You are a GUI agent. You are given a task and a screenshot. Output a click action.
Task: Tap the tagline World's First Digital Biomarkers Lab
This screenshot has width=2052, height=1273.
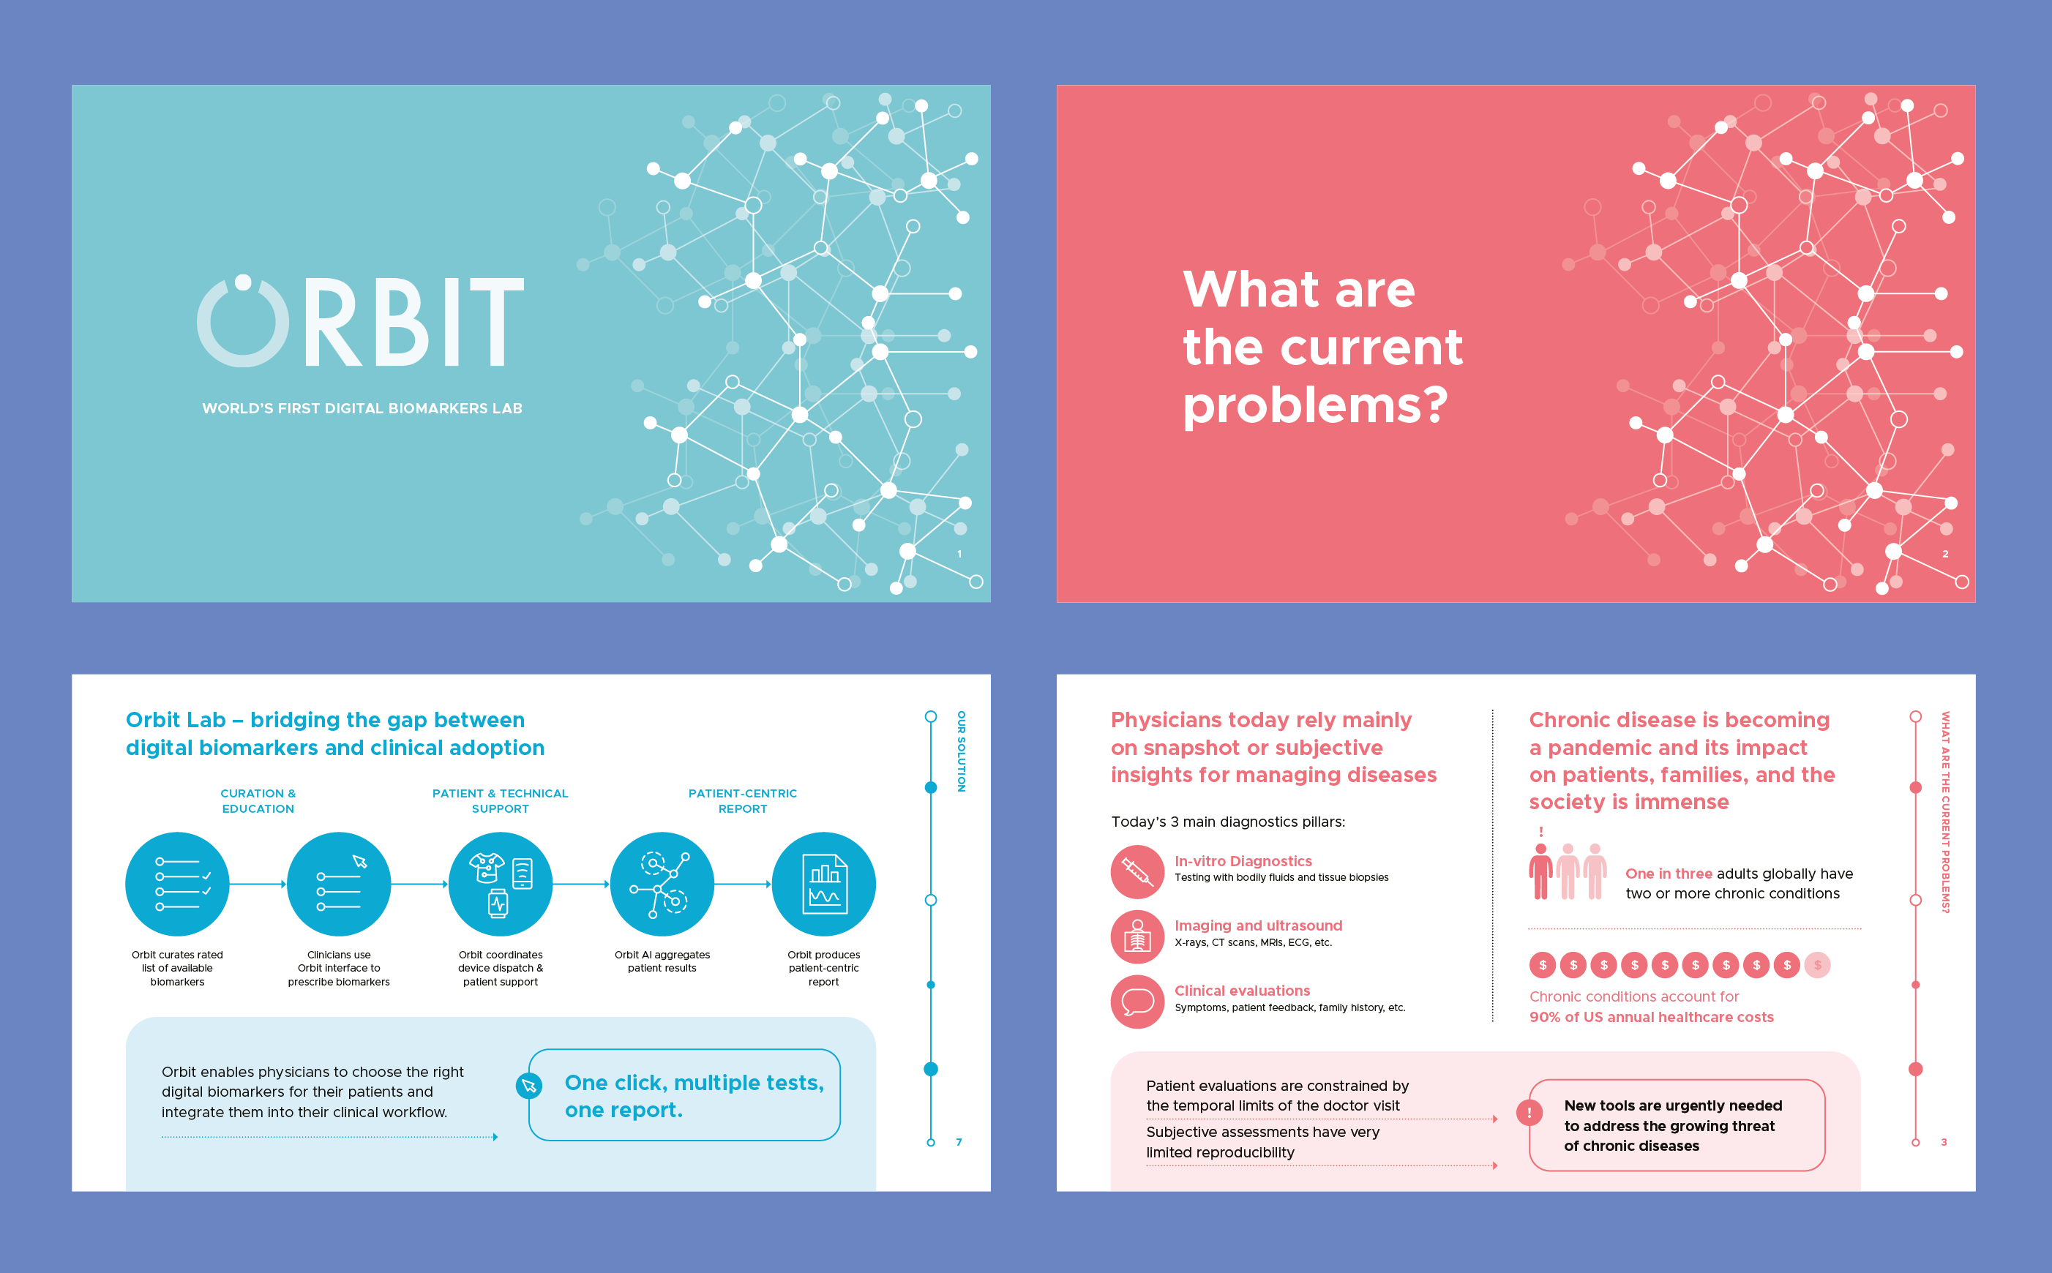362,408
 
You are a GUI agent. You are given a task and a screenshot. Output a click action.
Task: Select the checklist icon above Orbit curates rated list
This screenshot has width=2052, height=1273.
178,884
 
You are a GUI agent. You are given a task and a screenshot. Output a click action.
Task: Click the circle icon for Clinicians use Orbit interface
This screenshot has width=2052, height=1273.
339,884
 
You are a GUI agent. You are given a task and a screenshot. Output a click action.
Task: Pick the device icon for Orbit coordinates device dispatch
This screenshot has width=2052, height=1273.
500,884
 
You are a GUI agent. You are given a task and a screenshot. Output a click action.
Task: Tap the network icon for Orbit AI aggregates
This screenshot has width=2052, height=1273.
662,884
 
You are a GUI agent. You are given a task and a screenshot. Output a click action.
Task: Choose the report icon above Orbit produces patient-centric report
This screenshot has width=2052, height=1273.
823,884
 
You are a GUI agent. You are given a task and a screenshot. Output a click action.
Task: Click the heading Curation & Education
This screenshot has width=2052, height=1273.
258,800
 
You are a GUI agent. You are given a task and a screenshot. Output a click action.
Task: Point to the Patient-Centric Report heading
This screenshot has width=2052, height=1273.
743,800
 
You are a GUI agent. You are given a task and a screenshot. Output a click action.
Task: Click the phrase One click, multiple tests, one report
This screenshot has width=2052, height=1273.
694,1096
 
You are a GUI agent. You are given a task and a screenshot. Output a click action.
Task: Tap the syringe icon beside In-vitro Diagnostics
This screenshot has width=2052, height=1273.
1137,872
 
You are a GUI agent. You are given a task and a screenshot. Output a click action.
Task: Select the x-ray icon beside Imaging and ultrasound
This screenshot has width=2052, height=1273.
1137,937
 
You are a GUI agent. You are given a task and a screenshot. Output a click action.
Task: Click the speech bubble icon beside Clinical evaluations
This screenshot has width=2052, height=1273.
1137,1002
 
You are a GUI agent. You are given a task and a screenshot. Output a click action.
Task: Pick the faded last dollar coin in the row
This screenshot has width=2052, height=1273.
1817,965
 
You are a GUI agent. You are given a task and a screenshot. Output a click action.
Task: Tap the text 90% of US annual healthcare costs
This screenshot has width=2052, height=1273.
1651,1017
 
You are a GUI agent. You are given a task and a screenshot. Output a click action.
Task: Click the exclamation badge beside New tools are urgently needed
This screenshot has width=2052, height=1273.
1529,1113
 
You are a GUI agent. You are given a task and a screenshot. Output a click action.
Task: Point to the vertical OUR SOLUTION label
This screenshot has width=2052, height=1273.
961,751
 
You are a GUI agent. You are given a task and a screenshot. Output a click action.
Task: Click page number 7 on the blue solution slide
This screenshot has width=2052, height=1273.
959,1143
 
